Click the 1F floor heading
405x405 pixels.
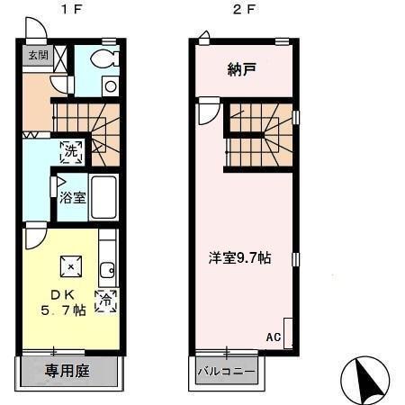pyautogui.click(x=71, y=9)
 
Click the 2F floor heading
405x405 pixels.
pyautogui.click(x=244, y=9)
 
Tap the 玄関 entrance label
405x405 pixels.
pyautogui.click(x=38, y=55)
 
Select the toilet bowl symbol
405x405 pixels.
pyautogui.click(x=103, y=58)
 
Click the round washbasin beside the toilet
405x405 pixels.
pyautogui.click(x=111, y=86)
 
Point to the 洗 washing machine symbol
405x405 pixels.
pyautogui.click(x=71, y=152)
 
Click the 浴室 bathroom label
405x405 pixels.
pyautogui.click(x=72, y=198)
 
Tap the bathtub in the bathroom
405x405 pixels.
pyautogui.click(x=103, y=197)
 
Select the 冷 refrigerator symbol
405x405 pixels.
pyautogui.click(x=105, y=301)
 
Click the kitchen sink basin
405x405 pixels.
pyautogui.click(x=107, y=271)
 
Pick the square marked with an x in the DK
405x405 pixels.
pyautogui.click(x=71, y=266)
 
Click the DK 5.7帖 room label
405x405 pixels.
pyautogui.click(x=63, y=302)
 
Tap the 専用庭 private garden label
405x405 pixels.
pyautogui.click(x=67, y=371)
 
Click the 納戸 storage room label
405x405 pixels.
pyautogui.click(x=242, y=69)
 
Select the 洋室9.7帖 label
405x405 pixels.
pyautogui.click(x=239, y=258)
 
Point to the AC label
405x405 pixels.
pyautogui.click(x=274, y=337)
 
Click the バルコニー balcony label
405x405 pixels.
pyautogui.click(x=227, y=372)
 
